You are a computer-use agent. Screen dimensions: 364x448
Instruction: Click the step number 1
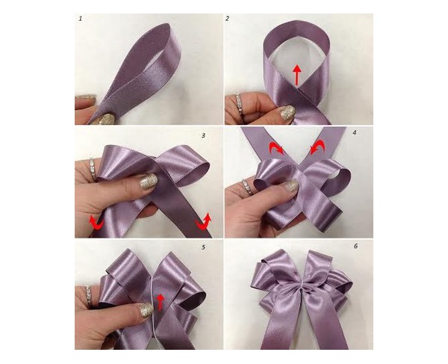[x=81, y=16]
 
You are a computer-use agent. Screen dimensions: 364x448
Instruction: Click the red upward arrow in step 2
[x=296, y=73]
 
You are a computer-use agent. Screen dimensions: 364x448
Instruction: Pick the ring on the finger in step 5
[x=92, y=291]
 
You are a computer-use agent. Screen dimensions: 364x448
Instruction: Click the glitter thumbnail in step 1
[x=106, y=118]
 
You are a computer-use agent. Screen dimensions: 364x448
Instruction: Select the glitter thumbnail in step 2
[x=287, y=114]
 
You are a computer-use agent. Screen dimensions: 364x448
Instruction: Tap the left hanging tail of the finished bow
[x=279, y=329]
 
